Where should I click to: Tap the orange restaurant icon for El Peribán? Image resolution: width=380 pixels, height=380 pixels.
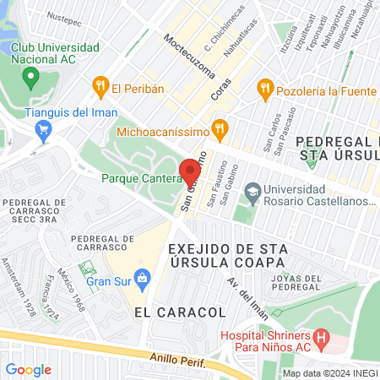pyautogui.click(x=100, y=86)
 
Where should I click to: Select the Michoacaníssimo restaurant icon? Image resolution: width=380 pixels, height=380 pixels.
pyautogui.click(x=220, y=128)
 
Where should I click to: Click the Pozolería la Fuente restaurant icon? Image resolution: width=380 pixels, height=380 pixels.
pyautogui.click(x=265, y=86)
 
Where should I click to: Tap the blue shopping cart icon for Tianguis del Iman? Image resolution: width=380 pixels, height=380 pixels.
pyautogui.click(x=44, y=129)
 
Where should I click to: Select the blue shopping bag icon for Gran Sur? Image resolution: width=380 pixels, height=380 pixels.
pyautogui.click(x=142, y=277)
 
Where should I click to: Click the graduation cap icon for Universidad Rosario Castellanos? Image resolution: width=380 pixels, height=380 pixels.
pyautogui.click(x=252, y=193)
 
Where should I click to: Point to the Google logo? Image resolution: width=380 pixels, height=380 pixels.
pyautogui.click(x=29, y=369)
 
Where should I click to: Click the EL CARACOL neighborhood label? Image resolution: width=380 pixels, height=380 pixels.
pyautogui.click(x=180, y=312)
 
